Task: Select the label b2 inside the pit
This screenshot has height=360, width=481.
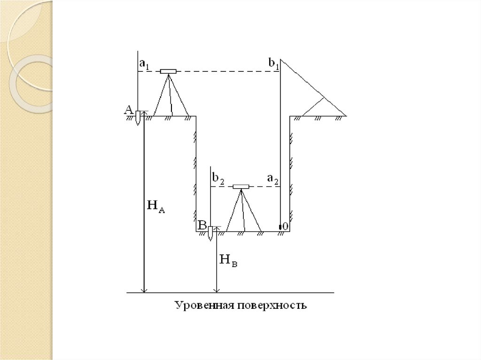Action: [217, 179]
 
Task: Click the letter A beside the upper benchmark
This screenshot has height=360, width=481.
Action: [128, 110]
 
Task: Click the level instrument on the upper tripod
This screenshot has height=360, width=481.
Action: [168, 71]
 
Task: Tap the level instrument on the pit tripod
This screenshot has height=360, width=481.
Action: [241, 186]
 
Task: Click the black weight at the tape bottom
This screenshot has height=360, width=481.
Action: [280, 227]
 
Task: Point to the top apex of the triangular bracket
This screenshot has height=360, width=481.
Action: [281, 59]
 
